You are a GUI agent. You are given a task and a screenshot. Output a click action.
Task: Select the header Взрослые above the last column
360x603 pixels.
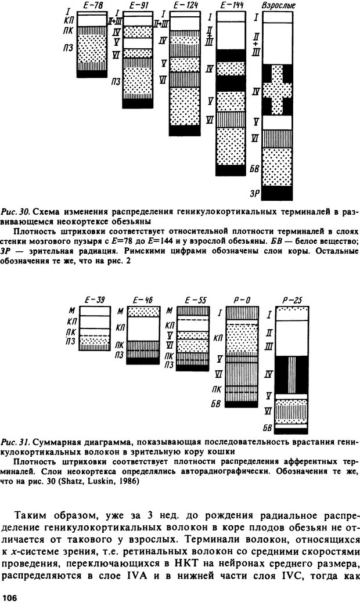coord(276,6)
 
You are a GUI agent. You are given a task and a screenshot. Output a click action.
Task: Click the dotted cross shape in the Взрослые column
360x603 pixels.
coord(277,90)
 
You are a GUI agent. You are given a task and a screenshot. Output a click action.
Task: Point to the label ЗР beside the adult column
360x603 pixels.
coord(255,193)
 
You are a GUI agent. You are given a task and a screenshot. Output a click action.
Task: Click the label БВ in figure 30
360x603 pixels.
coord(255,169)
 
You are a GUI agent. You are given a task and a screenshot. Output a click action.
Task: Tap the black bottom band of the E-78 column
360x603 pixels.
coord(92,74)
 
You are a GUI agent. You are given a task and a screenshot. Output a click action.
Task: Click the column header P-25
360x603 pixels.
coord(292,301)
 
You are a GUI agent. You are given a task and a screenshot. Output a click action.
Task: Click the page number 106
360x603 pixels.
coord(10,597)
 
